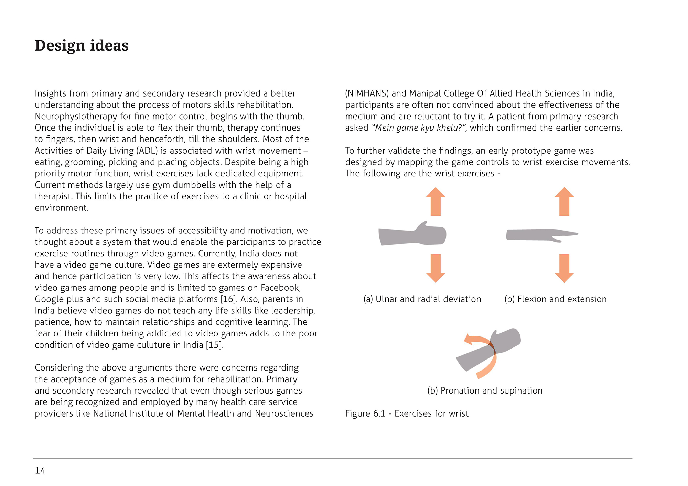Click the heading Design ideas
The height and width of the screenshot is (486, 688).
click(82, 45)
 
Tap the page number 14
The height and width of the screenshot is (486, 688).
click(40, 471)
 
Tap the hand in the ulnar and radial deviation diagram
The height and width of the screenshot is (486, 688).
click(413, 235)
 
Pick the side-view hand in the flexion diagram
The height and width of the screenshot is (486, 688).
click(540, 235)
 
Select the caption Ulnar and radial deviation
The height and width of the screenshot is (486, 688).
click(422, 299)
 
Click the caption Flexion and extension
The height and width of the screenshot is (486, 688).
click(555, 299)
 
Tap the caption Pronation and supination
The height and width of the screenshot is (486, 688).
click(485, 391)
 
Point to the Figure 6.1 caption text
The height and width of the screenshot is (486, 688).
click(407, 413)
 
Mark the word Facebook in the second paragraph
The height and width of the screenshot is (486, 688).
click(280, 288)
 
